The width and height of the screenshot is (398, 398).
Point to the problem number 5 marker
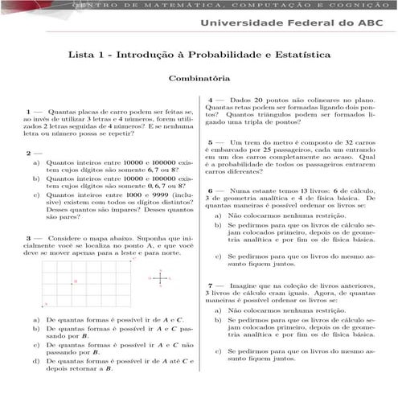[210, 142]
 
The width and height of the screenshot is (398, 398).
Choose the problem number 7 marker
[210, 285]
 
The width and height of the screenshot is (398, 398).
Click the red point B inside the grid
[76, 281]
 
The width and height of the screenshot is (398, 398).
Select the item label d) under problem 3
[36, 360]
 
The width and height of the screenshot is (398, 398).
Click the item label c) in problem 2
[36, 195]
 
